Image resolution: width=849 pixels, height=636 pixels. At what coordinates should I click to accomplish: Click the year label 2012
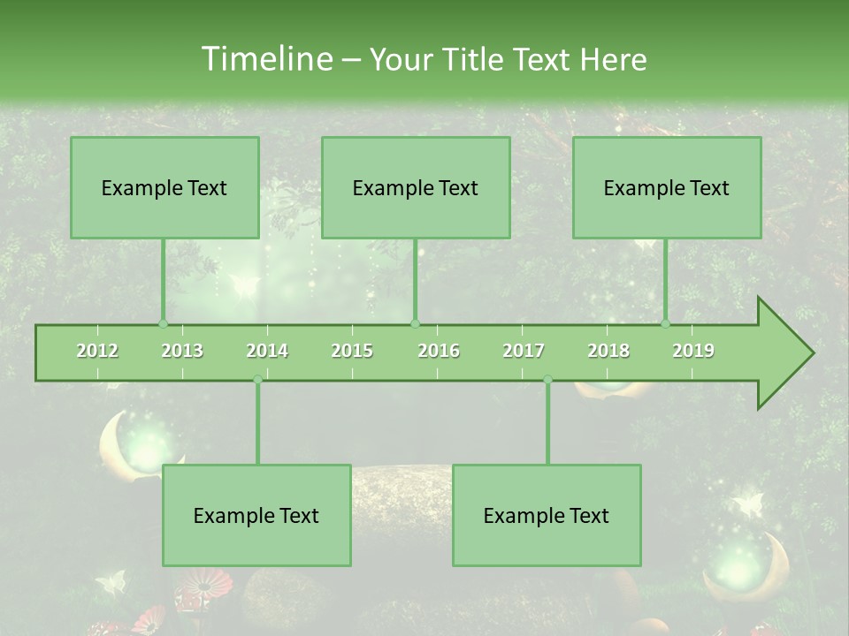[x=97, y=351]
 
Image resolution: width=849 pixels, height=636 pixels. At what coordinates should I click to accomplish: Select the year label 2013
[x=182, y=351]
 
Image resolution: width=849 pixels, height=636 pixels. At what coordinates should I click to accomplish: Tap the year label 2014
[x=267, y=351]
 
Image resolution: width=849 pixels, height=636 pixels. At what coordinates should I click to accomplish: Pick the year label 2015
[x=352, y=351]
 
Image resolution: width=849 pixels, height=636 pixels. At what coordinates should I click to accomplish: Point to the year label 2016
[x=439, y=351]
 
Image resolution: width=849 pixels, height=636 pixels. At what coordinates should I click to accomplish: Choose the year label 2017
[x=524, y=351]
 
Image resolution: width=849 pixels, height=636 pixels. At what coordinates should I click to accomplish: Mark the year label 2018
[x=608, y=351]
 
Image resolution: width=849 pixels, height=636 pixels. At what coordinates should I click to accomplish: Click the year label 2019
[x=693, y=351]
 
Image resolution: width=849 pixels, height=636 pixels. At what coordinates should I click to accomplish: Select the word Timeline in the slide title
[x=266, y=59]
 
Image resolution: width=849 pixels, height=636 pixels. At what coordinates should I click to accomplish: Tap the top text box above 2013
[x=164, y=187]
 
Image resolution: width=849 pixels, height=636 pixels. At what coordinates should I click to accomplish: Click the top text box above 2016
[x=416, y=187]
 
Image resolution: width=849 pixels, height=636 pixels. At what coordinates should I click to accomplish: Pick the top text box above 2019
[x=667, y=187]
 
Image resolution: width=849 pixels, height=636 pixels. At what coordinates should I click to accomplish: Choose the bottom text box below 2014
[x=256, y=515]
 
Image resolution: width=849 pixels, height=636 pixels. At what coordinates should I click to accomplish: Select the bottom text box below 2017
[x=547, y=515]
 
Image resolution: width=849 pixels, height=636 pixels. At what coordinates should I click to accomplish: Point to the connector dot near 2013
[x=163, y=323]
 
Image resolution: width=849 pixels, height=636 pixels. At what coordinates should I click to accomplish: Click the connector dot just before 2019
[x=666, y=323]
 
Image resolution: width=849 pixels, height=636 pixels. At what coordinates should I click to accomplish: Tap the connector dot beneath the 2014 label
[x=257, y=379]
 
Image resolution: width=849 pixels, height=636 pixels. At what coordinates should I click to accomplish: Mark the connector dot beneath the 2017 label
[x=547, y=379]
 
